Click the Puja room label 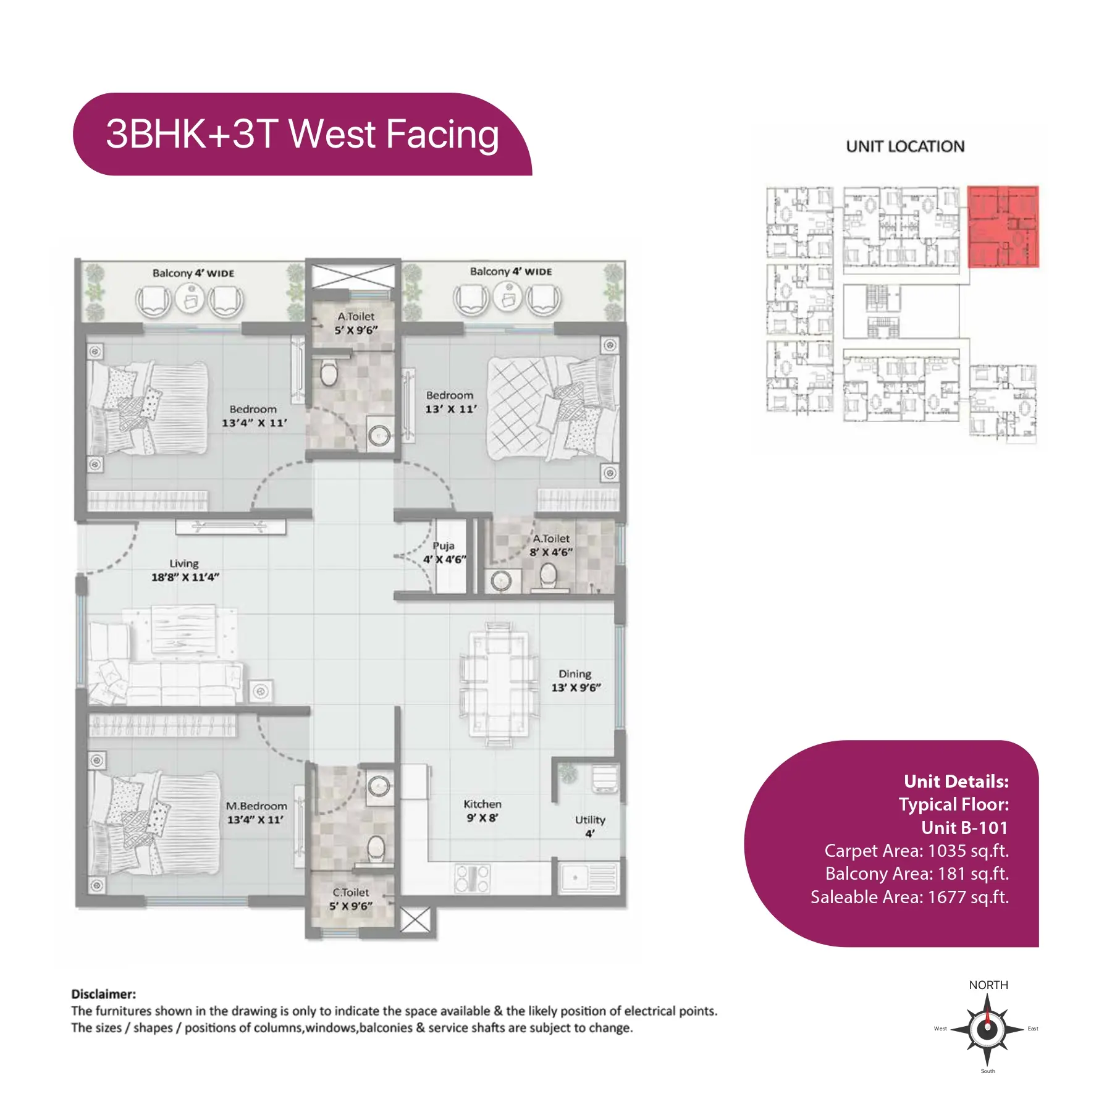click(x=444, y=545)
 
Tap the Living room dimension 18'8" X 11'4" click(x=185, y=577)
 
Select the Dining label click(x=575, y=673)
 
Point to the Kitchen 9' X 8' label click(x=482, y=811)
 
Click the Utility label click(x=590, y=819)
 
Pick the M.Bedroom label click(x=256, y=806)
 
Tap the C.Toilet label click(x=350, y=892)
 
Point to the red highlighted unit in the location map click(x=1003, y=226)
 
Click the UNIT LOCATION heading click(x=905, y=146)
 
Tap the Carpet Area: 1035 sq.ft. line click(x=916, y=851)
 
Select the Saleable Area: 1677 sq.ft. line click(x=909, y=897)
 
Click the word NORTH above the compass click(x=988, y=985)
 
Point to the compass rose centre click(x=987, y=1029)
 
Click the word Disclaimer click(x=103, y=994)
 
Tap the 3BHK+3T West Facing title click(x=303, y=134)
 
